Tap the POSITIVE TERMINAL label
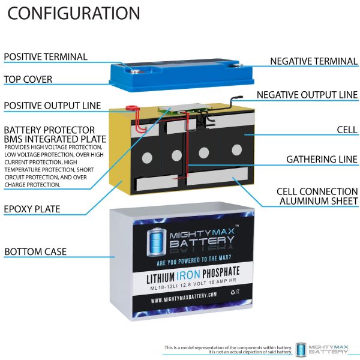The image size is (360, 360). pyautogui.click(x=46, y=57)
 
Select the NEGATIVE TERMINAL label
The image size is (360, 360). pyautogui.click(x=313, y=61)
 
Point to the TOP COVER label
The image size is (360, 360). pyautogui.click(x=28, y=79)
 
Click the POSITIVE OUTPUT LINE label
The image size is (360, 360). pyautogui.click(x=52, y=106)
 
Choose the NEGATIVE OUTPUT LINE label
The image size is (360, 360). pyautogui.click(x=307, y=95)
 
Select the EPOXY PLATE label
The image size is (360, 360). pyautogui.click(x=32, y=209)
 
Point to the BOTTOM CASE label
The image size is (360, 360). pyautogui.click(x=35, y=251)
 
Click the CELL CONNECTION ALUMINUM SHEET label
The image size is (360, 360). pyautogui.click(x=317, y=196)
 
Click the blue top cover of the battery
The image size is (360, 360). pyautogui.click(x=180, y=75)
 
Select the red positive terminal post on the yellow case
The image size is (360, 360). pyautogui.click(x=128, y=110)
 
